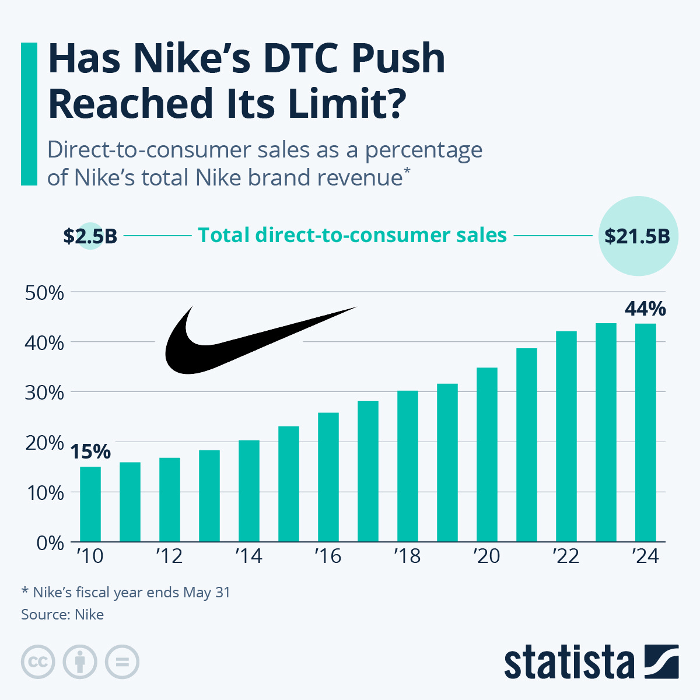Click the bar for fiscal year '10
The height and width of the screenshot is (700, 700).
tap(90, 504)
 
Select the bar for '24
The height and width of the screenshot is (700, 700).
tap(645, 432)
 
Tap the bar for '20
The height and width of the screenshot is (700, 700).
tap(487, 454)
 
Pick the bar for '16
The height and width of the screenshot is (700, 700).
tap(328, 477)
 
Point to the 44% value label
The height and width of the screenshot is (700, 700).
tap(645, 308)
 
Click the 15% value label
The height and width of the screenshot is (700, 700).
tap(90, 452)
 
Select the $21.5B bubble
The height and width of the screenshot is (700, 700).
tap(638, 236)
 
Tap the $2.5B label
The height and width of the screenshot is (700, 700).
tap(90, 236)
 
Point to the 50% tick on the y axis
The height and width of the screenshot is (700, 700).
tap(44, 293)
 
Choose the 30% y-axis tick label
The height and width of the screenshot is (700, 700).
tap(44, 393)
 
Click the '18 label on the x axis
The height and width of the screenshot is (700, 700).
tap(407, 556)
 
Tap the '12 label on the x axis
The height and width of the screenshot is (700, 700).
tap(169, 556)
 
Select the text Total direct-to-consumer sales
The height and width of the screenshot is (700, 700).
tap(352, 235)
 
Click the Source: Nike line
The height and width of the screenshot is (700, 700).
tap(62, 614)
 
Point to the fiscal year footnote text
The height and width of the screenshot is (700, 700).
tap(126, 593)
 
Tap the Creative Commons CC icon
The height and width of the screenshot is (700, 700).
tap(38, 662)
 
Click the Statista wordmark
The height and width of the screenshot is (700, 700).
tap(569, 663)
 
